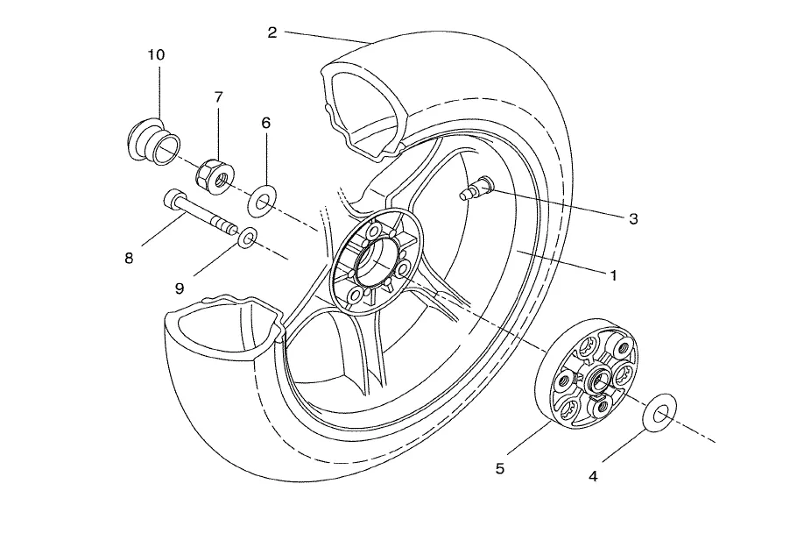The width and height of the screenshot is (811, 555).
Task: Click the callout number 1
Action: [x=613, y=275]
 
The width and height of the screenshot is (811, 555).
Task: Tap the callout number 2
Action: [x=272, y=32]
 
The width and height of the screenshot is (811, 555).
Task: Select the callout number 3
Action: [x=633, y=218]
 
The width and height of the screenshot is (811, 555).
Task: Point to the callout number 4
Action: [x=593, y=476]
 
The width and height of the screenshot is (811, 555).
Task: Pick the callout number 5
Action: [x=499, y=468]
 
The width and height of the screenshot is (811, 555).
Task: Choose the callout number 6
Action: [x=266, y=123]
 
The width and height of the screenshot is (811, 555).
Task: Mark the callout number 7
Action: [x=218, y=96]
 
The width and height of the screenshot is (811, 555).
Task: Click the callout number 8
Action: [x=129, y=258]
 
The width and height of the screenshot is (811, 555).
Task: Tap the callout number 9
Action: [x=180, y=288]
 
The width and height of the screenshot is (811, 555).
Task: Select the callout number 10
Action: [x=156, y=54]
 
